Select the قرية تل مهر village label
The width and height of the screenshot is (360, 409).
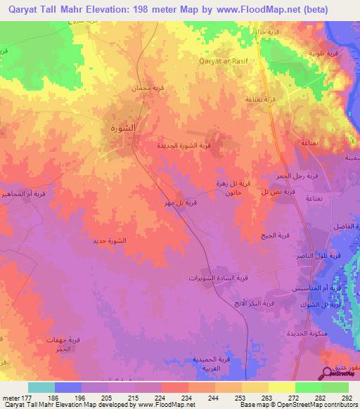click(180, 203)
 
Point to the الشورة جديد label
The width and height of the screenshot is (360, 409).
click(109, 241)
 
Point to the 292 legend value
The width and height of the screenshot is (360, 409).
click(345, 397)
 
